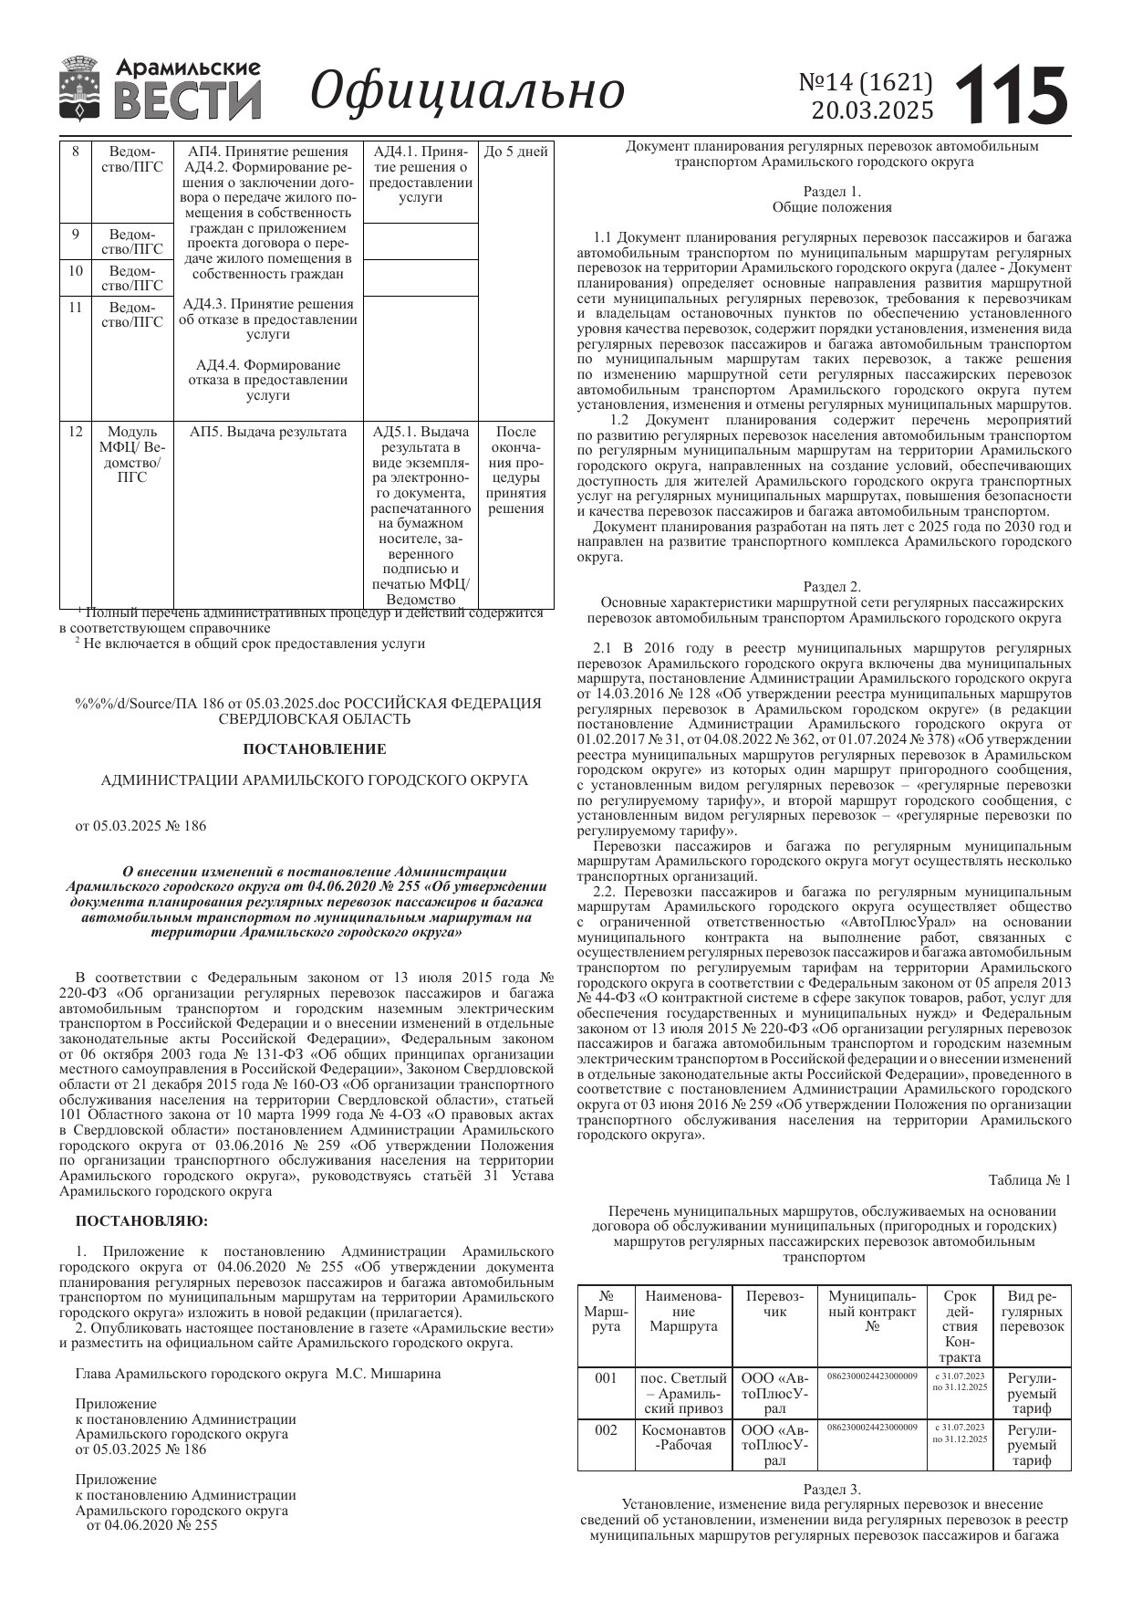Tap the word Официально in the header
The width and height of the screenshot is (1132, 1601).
[467, 91]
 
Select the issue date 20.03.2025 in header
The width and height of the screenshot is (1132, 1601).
[872, 111]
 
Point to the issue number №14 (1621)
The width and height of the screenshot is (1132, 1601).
[866, 83]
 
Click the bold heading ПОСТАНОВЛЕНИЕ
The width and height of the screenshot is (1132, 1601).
[314, 749]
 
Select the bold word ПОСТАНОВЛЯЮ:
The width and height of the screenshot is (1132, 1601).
[141, 1220]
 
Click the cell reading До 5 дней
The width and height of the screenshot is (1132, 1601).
[515, 152]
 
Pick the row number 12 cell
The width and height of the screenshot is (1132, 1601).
[76, 432]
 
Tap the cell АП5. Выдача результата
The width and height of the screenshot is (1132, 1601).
[268, 432]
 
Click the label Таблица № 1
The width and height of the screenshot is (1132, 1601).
[1029, 1180]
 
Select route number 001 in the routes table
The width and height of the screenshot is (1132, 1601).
[606, 1378]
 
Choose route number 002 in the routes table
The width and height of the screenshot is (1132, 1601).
[606, 1430]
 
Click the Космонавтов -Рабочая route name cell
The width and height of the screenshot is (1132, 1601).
[684, 1438]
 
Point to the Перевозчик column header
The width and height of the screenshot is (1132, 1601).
[774, 1303]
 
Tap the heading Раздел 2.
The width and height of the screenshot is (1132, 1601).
[831, 587]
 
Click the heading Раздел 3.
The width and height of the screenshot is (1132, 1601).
[831, 1489]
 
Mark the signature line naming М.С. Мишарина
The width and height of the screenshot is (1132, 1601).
[257, 1373]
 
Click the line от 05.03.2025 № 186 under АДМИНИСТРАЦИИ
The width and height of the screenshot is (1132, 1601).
[140, 826]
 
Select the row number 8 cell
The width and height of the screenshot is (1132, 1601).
[76, 152]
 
